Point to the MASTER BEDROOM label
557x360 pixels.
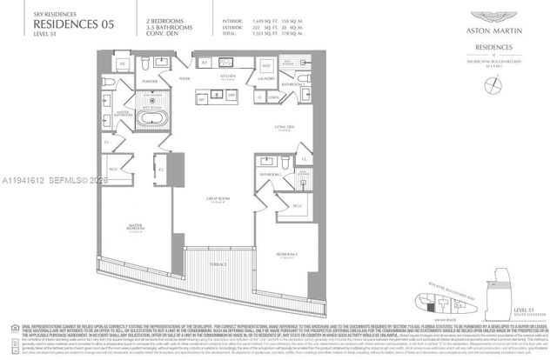[134, 227]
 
